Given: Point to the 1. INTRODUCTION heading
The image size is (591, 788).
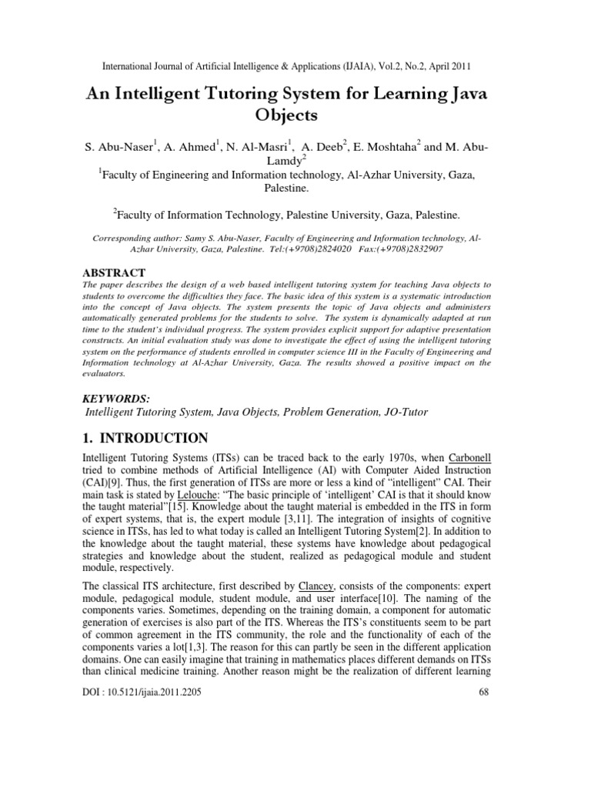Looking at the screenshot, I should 144,438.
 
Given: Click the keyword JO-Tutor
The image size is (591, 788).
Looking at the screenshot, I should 402,412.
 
